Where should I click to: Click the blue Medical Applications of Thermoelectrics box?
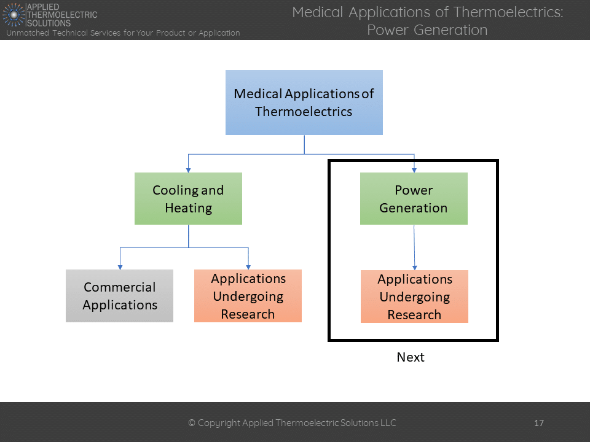click(x=304, y=102)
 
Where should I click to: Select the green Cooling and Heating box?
click(x=188, y=198)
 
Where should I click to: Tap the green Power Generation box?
click(x=414, y=198)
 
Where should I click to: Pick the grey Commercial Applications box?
click(x=119, y=296)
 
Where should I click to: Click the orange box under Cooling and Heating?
click(x=248, y=296)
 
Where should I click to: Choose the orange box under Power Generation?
click(x=414, y=297)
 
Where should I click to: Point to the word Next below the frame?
click(x=410, y=357)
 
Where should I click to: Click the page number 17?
click(x=539, y=423)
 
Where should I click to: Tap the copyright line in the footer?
click(x=292, y=423)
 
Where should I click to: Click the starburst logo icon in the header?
click(x=14, y=14)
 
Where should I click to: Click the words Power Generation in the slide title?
click(x=427, y=29)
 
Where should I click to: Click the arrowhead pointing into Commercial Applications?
click(x=120, y=266)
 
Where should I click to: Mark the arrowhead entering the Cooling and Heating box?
click(x=188, y=169)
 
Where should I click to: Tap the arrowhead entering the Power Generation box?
click(x=414, y=169)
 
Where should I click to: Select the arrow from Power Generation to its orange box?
click(x=414, y=247)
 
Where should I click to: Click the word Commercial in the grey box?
click(x=119, y=287)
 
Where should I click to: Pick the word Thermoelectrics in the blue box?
click(x=304, y=112)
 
